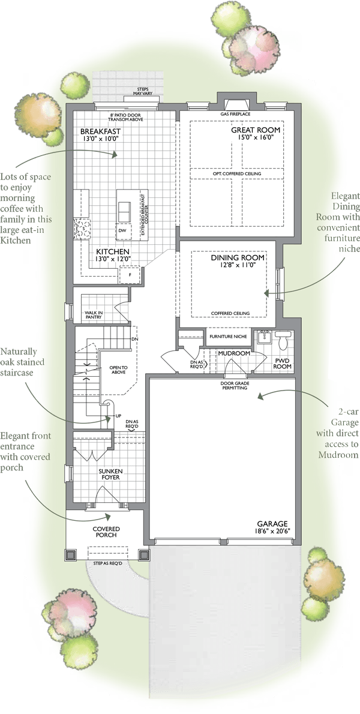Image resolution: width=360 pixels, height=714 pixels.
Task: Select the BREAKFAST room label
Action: (x=101, y=131)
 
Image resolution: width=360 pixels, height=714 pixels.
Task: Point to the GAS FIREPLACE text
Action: (x=236, y=114)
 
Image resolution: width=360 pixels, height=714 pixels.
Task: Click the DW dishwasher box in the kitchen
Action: (x=122, y=230)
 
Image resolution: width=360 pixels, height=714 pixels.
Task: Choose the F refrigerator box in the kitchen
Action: (x=129, y=275)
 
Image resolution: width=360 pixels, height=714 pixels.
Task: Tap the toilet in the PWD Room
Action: (x=283, y=341)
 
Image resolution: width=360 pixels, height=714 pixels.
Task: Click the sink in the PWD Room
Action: (x=263, y=339)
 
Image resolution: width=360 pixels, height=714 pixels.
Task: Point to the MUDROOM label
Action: (x=234, y=353)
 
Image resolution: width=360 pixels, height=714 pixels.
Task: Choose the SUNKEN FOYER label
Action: (x=110, y=474)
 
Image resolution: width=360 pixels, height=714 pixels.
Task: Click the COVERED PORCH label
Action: (x=106, y=532)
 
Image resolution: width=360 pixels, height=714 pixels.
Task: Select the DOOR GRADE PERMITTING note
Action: (x=235, y=386)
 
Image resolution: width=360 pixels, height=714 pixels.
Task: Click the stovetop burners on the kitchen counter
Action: (x=83, y=228)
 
